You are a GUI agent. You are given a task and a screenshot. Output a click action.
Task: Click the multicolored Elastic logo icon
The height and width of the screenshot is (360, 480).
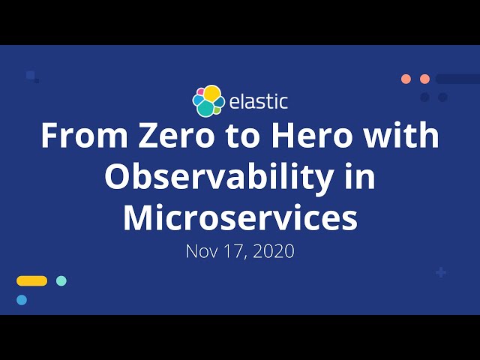[x=208, y=101]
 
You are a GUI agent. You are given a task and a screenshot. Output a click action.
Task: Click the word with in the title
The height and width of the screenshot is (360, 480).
[x=401, y=136]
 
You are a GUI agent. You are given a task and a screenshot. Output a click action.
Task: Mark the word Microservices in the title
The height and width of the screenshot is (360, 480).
[x=240, y=217]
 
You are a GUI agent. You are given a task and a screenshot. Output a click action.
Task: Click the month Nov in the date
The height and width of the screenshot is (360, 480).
[x=201, y=251]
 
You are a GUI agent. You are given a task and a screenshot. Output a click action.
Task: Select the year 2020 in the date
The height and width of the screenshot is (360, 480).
[x=274, y=251]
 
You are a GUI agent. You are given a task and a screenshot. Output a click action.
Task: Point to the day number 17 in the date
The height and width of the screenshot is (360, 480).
[x=236, y=251]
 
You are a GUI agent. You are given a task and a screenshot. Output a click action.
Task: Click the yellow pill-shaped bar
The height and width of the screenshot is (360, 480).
[x=31, y=280]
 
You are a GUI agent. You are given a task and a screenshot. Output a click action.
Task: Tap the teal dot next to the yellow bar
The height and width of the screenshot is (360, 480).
[x=61, y=280]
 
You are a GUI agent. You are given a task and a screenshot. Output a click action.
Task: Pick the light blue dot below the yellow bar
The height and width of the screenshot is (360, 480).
[x=22, y=300]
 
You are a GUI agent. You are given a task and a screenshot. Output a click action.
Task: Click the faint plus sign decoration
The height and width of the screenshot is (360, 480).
[x=441, y=272]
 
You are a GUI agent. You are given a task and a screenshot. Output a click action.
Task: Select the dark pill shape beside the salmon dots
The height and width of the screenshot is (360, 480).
[x=457, y=79]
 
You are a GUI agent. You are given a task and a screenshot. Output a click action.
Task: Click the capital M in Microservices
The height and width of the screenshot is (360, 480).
[x=139, y=217]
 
